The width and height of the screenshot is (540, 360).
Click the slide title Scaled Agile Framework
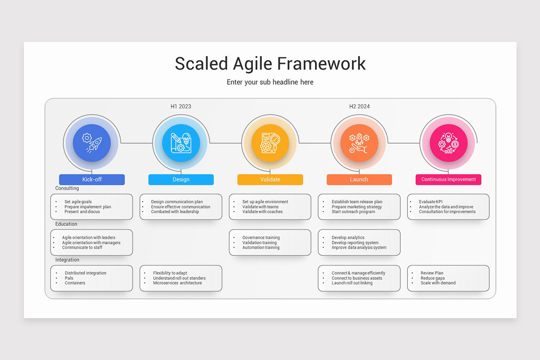(270, 63)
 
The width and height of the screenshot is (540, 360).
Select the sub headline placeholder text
(270, 82)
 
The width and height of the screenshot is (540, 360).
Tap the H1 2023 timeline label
(180, 107)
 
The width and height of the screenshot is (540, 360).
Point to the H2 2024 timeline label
(359, 107)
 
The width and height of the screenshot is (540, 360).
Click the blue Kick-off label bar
(92, 180)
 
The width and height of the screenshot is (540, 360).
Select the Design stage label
(181, 180)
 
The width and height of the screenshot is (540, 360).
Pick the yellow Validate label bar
(270, 180)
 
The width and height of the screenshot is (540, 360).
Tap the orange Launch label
(359, 180)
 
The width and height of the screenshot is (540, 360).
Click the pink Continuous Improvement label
(448, 180)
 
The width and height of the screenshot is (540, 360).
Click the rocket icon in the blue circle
(92, 143)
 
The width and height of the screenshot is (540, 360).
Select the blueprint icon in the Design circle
(181, 143)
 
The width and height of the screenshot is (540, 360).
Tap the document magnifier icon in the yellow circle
(270, 143)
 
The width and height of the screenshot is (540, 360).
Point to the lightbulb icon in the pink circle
(448, 143)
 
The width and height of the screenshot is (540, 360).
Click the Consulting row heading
(67, 188)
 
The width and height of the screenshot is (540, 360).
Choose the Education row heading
(66, 224)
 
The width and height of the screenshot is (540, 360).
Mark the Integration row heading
(67, 260)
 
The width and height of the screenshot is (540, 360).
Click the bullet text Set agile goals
(78, 202)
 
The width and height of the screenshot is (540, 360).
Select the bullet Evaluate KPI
(431, 202)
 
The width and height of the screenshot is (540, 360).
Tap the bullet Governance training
(261, 238)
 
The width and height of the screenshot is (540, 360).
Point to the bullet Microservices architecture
(177, 283)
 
